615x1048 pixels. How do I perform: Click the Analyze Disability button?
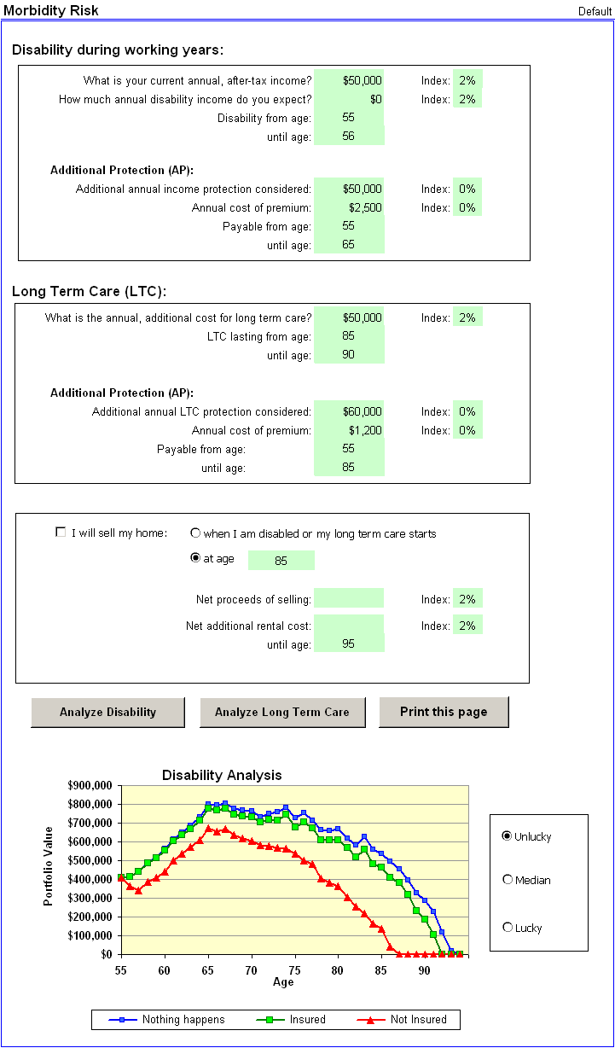107,712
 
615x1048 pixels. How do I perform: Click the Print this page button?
444,712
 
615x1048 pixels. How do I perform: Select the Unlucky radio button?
508,836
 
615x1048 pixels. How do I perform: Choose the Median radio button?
508,880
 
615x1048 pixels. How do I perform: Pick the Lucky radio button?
508,928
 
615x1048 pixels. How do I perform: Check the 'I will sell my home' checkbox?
61,533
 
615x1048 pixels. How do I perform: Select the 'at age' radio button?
195,559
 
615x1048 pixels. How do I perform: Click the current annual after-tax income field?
349,80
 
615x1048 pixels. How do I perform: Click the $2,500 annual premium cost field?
349,207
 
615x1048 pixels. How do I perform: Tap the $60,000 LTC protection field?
349,411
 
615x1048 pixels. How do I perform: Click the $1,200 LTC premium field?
349,430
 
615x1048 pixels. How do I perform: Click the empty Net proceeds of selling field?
349,598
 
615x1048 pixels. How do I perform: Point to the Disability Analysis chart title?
222,775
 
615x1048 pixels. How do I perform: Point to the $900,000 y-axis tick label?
90,785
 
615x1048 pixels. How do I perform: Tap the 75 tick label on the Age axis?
294,969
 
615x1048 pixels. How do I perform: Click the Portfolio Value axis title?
49,865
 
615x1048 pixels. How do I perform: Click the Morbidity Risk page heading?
51,10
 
